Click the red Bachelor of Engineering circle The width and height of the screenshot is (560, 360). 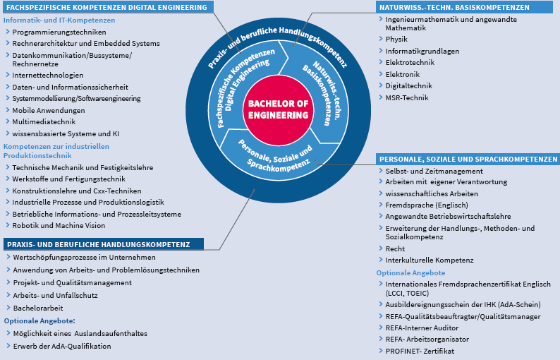(x=278, y=109)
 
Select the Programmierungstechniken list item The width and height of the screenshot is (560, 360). (x=59, y=32)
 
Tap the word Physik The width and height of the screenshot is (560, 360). (x=396, y=39)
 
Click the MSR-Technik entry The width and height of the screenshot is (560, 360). (x=407, y=97)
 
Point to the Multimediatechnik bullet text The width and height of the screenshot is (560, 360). (x=44, y=122)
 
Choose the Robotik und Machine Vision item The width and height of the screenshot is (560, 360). (x=59, y=226)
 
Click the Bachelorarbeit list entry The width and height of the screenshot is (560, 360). (x=38, y=308)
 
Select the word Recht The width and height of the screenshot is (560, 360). (x=395, y=248)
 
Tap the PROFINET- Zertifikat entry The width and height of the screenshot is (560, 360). (x=420, y=351)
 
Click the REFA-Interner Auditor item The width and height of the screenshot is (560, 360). (x=422, y=328)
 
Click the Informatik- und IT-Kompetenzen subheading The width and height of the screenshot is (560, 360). (x=59, y=20)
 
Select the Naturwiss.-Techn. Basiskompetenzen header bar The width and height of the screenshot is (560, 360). (x=464, y=7)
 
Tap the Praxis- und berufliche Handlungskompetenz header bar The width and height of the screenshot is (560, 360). (x=104, y=244)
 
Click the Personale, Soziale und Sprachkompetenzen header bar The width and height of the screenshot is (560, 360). (x=468, y=159)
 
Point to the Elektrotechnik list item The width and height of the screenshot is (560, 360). (x=410, y=63)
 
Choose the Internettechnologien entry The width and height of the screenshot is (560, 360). (x=48, y=76)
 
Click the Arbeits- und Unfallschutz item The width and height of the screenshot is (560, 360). (x=55, y=295)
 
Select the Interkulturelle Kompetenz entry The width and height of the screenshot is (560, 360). (x=430, y=260)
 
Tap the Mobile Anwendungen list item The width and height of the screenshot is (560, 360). (x=49, y=110)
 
